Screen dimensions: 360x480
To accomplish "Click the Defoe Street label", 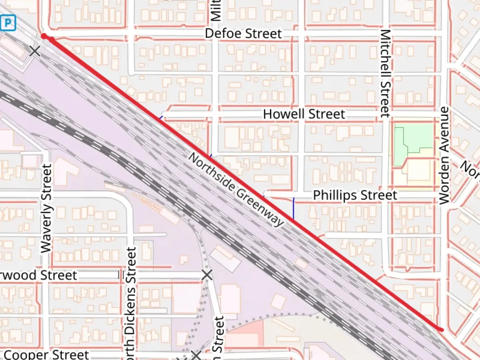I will tap(243, 34).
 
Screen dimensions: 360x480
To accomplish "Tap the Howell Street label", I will tap(304, 114).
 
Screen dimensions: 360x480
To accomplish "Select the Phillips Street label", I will tap(355, 195).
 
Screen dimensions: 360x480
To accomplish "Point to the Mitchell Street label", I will tap(385, 73).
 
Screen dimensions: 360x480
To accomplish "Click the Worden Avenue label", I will tap(444, 156).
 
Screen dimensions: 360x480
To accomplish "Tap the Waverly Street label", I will tap(46, 208).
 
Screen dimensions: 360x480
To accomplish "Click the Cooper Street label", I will tap(47, 354).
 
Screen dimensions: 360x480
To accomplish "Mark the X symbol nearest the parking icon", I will tap(35, 51).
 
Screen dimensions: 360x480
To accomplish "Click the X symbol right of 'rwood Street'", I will tap(207, 275).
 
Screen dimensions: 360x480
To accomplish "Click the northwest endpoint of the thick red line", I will tap(44, 36).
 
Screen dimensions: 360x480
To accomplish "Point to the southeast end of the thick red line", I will tap(442, 330).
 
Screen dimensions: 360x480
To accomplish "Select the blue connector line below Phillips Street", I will tap(293, 209).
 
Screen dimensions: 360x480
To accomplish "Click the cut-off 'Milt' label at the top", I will tap(216, 10).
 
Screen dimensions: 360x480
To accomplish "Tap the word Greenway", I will tap(260, 207).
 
